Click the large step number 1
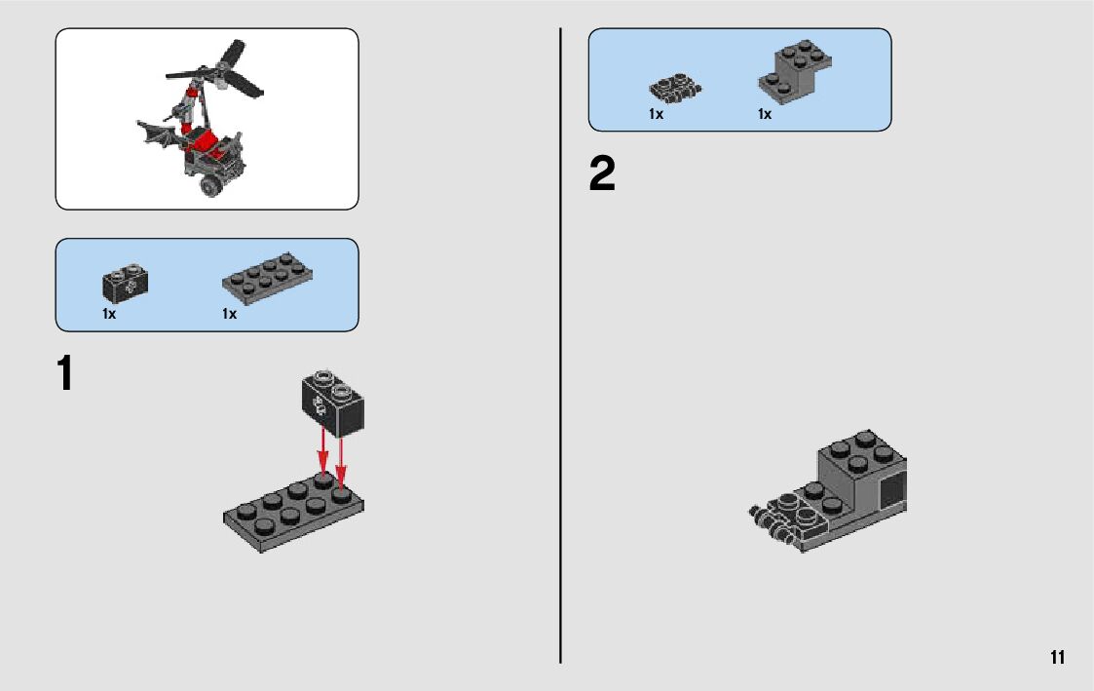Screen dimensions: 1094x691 65,373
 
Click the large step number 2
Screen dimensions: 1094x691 602,173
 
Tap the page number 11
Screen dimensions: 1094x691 1057,657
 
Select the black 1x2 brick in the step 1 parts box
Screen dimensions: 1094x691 125,283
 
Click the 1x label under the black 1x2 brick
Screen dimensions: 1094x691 109,314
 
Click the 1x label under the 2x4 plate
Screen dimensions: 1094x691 230,314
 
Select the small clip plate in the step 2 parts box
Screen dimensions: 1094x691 675,89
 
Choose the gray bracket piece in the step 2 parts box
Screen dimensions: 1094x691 795,71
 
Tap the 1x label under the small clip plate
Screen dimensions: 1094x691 656,114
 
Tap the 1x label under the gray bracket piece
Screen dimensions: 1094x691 765,114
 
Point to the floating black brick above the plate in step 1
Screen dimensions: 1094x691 333,403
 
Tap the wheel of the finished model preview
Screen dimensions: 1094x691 210,185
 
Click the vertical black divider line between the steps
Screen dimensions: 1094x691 560,345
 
